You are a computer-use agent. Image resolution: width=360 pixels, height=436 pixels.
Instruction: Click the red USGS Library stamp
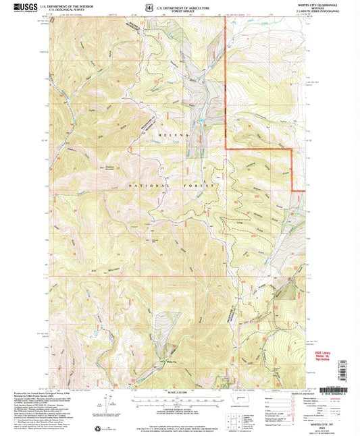click(x=327, y=355)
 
